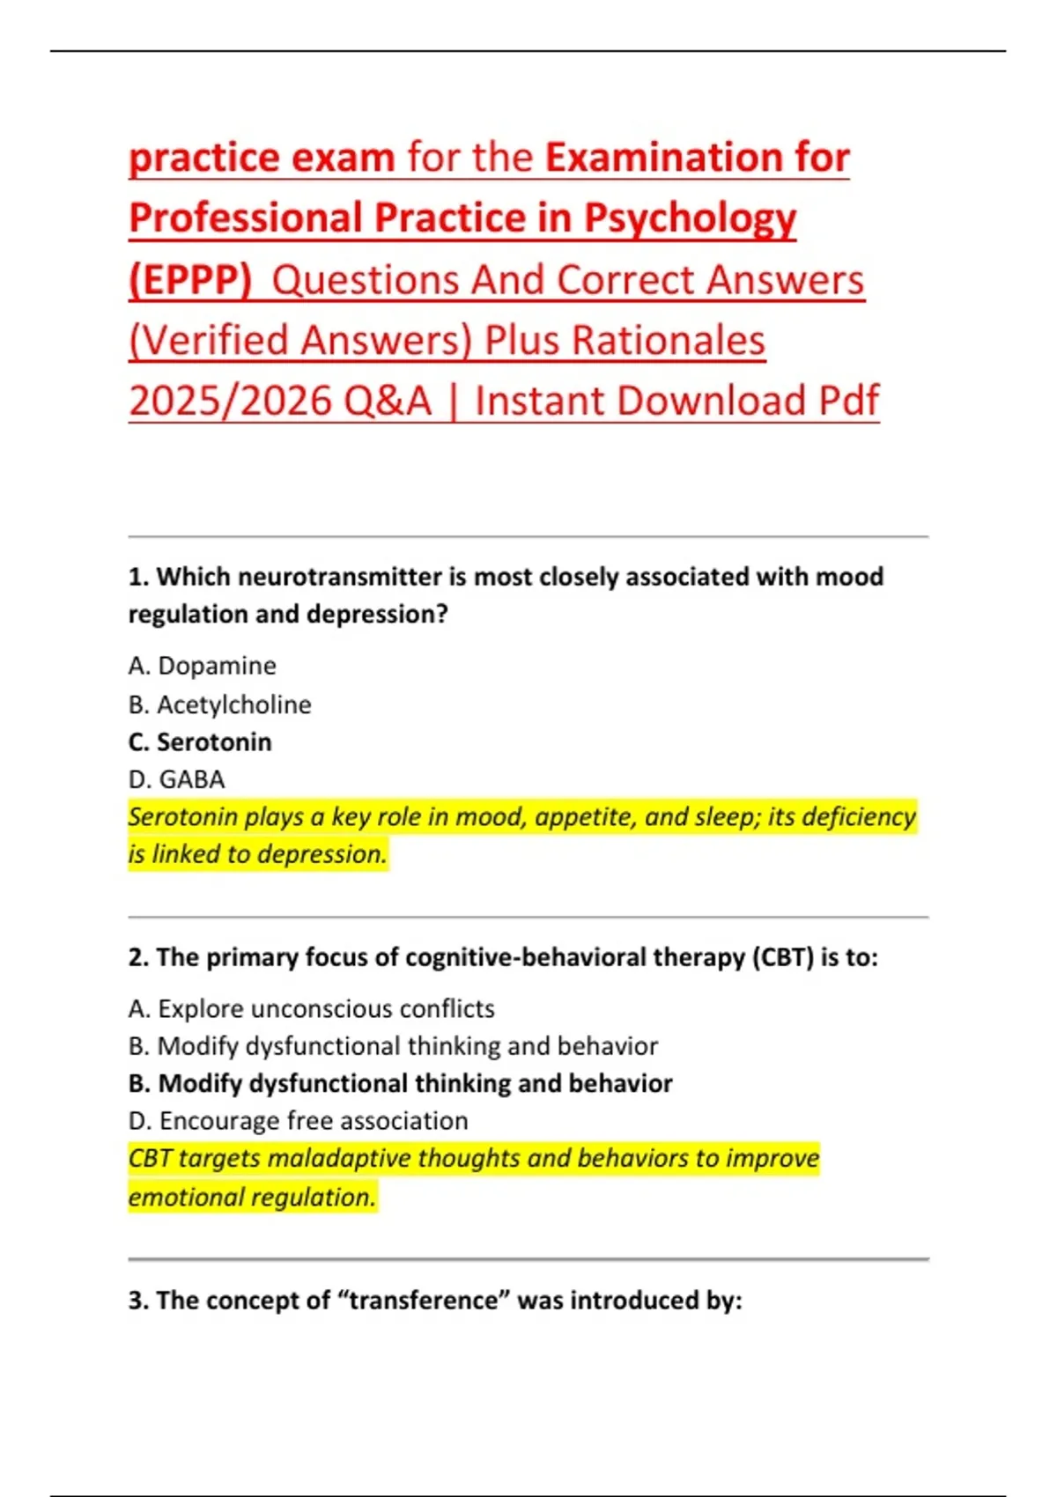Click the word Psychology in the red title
point(690,219)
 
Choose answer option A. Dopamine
point(202,666)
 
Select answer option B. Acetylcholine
point(219,704)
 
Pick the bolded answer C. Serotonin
point(200,742)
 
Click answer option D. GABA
point(176,779)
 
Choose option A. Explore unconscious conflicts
point(311,1008)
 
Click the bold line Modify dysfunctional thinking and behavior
point(400,1083)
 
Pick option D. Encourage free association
point(298,1121)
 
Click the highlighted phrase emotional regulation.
point(252,1198)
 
